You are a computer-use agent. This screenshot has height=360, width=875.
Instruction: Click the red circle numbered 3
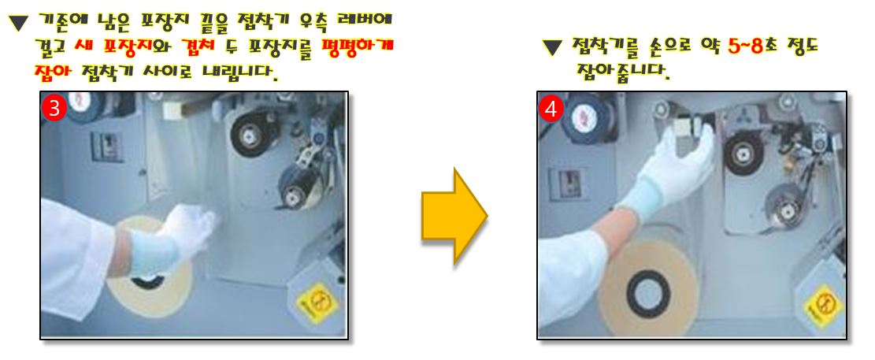click(54, 109)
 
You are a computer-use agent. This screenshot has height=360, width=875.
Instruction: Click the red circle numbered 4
click(551, 109)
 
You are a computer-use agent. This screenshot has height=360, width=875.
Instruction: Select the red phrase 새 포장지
click(110, 47)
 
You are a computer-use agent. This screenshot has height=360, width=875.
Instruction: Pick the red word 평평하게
click(358, 46)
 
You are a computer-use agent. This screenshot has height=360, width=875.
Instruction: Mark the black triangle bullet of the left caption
click(19, 23)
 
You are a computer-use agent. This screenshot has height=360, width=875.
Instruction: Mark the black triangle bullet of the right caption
click(552, 47)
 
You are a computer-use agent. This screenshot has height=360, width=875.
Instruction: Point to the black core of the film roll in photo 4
click(647, 292)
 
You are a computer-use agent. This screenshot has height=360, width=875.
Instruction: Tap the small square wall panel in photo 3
click(107, 147)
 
